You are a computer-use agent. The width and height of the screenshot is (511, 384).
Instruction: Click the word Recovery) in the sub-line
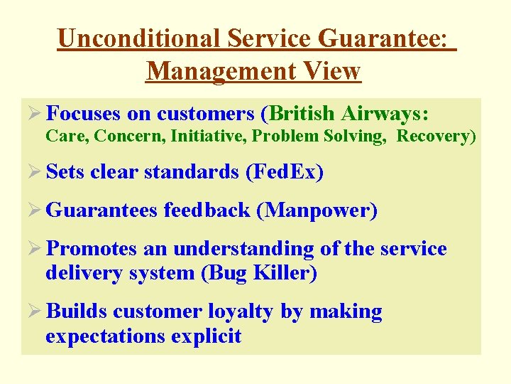(436, 136)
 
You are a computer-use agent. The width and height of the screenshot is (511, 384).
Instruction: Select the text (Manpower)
(317, 210)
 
